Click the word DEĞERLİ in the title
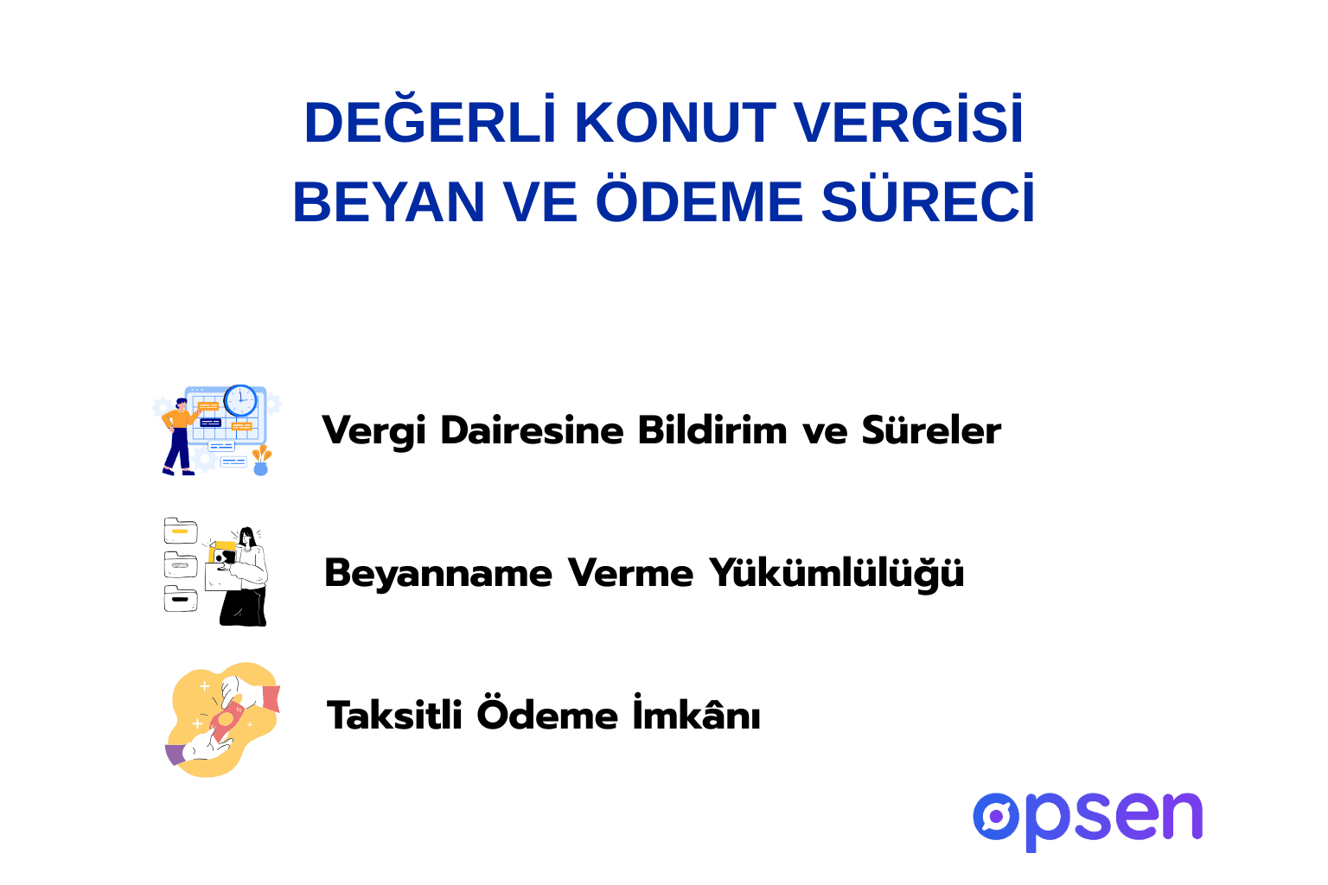(x=430, y=123)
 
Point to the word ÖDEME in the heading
(x=699, y=202)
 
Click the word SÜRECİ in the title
(x=928, y=202)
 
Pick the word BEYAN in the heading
(x=389, y=202)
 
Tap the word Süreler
(x=931, y=430)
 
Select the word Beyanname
(x=438, y=573)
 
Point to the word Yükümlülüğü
(x=836, y=573)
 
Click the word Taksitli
(x=394, y=716)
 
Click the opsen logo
(x=1088, y=818)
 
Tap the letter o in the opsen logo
(x=997, y=817)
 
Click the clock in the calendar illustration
(x=240, y=401)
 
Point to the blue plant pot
(x=260, y=468)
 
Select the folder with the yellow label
(x=181, y=532)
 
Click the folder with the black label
(x=181, y=598)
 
